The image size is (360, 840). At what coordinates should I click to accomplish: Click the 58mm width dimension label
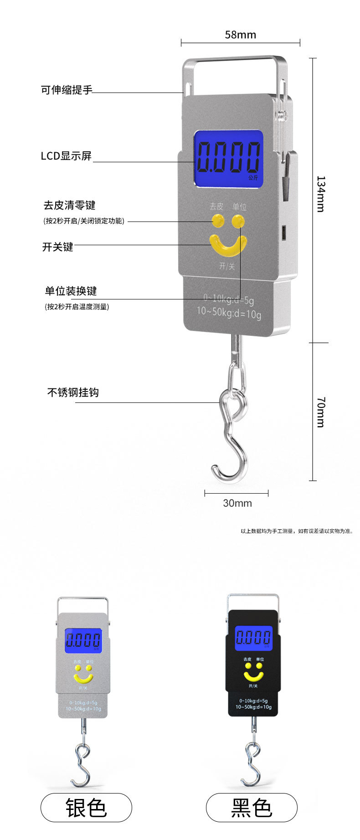tap(240, 35)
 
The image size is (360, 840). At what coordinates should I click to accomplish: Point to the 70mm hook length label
tap(321, 412)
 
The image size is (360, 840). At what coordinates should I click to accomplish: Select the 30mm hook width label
tap(237, 503)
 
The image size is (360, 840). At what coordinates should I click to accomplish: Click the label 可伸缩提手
tap(67, 90)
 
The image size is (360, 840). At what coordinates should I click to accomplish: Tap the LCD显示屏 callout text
tap(66, 156)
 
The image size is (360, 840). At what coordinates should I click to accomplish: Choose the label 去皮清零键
tap(69, 206)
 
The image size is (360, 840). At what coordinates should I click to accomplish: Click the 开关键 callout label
tap(58, 247)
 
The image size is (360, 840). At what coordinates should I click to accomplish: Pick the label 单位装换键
tap(71, 291)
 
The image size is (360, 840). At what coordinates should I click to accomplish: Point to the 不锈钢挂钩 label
tap(73, 392)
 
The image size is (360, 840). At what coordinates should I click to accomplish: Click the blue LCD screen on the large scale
tap(229, 159)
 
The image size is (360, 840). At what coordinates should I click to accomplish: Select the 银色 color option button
tap(86, 808)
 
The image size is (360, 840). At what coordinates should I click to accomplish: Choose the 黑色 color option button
tap(252, 808)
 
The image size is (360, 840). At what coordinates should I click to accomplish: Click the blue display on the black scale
tap(253, 638)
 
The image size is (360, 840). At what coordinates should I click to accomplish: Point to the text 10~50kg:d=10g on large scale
tap(229, 313)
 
